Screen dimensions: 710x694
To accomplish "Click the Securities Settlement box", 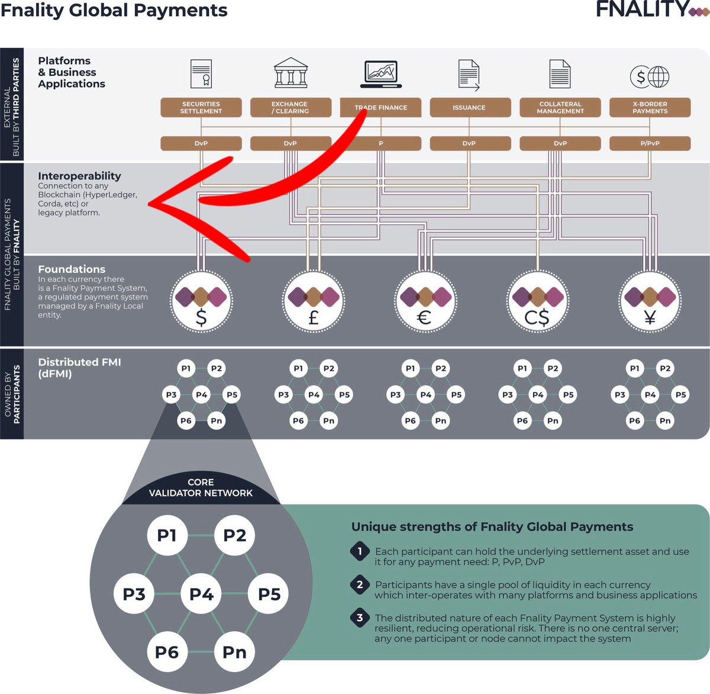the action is (x=201, y=108).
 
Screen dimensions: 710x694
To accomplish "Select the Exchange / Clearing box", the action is (x=291, y=108).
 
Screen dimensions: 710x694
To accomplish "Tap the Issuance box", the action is (x=469, y=108).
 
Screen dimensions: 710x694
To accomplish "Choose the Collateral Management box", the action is (x=560, y=108).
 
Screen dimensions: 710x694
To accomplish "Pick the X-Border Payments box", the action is (x=650, y=108).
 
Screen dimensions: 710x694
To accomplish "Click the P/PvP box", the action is (x=650, y=143).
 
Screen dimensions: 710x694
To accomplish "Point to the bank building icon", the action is (x=291, y=73).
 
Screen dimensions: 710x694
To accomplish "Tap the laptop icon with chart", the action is (x=380, y=74).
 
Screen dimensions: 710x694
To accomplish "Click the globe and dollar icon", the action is (x=649, y=76).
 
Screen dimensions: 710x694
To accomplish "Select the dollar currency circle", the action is (x=201, y=301).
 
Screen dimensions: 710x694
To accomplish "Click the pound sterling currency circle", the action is (x=313, y=301).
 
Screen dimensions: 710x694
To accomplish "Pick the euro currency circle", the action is (x=425, y=301).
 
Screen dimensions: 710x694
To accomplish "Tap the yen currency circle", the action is (x=649, y=301).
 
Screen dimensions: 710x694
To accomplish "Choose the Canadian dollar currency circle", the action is (x=537, y=301).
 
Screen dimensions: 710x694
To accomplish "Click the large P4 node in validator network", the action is (x=201, y=594).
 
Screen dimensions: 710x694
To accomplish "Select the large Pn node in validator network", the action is (x=234, y=652).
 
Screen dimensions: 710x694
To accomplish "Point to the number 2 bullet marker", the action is (x=360, y=585).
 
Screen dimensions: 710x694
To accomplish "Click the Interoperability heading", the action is (x=79, y=176).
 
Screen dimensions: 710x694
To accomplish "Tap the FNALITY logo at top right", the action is (x=651, y=9).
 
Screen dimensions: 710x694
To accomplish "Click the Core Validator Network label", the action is (x=201, y=487).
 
